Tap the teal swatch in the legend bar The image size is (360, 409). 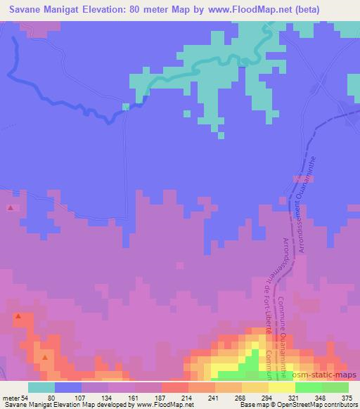[41, 387]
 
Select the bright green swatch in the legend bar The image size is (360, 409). [309, 387]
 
